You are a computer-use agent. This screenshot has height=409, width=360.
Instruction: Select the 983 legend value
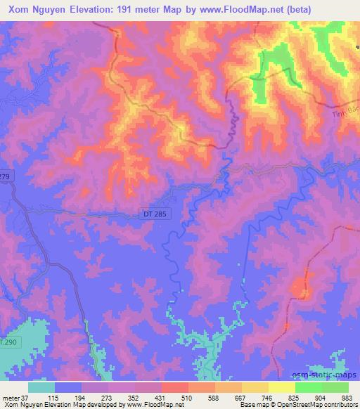coord(347,398)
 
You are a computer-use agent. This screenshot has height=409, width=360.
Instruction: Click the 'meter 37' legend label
coord(15,398)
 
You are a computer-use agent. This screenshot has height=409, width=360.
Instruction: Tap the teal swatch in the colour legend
coord(41,387)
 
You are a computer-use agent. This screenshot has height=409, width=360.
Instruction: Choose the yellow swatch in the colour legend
coord(282,387)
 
